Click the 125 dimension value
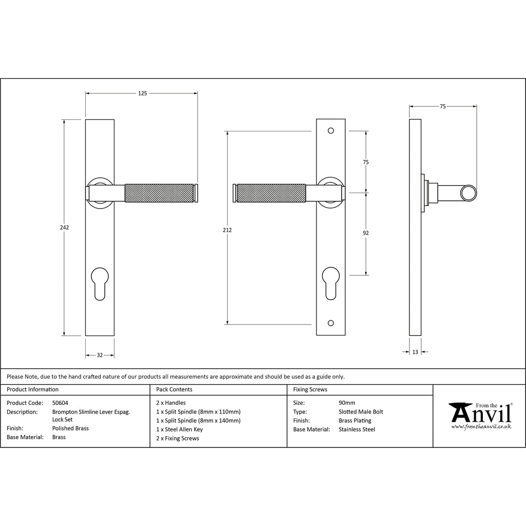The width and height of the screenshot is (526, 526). coord(143,93)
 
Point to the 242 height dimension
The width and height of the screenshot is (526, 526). coord(64,228)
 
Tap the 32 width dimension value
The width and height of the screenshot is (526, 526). coord(100,355)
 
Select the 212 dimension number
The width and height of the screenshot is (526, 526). coord(227,230)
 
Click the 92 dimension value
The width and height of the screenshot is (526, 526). coord(366,233)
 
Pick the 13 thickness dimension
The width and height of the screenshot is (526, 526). coord(415,352)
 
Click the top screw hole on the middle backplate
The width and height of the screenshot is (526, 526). coord(331,131)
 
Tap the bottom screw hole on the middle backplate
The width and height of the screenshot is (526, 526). coord(331,323)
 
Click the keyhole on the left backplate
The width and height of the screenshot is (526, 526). coord(100,283)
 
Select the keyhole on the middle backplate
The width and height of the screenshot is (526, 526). coord(331,283)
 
